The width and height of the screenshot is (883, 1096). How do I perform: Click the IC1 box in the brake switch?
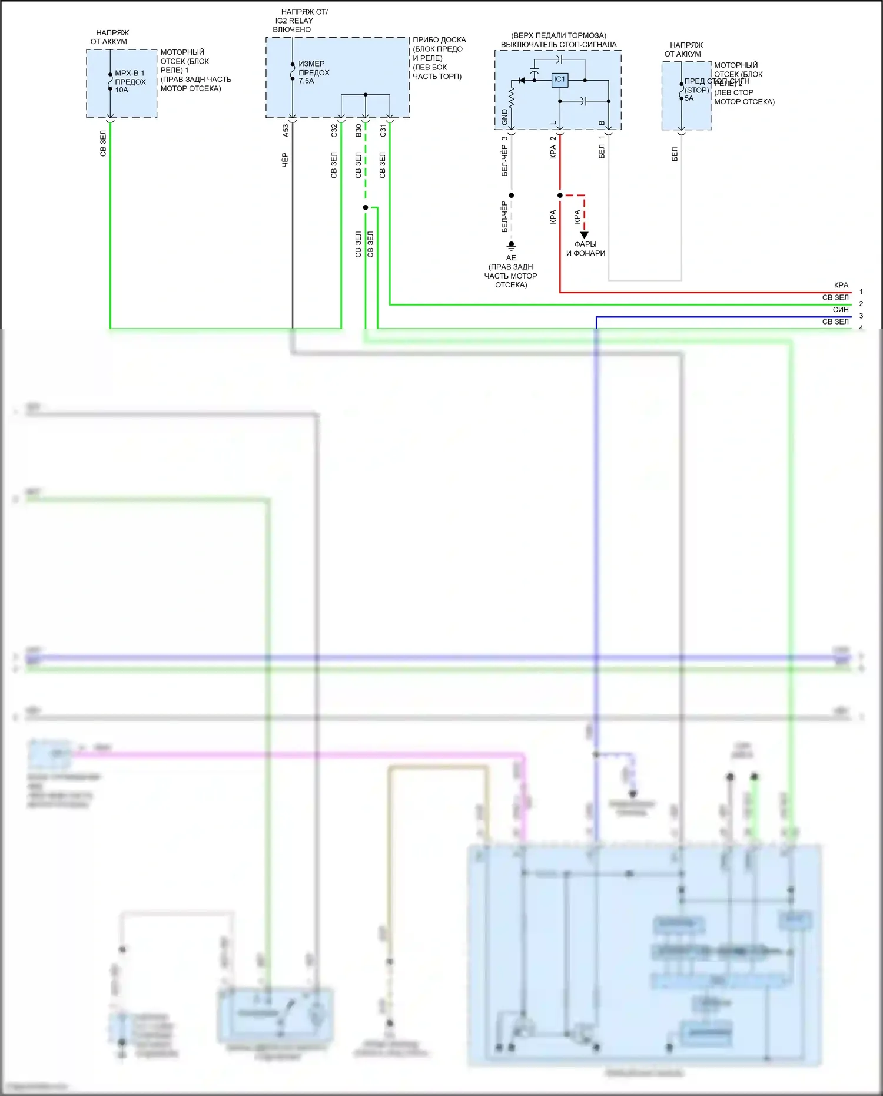click(x=559, y=80)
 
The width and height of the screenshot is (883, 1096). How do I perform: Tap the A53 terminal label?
click(x=286, y=131)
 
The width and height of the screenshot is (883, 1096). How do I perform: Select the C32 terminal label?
click(x=334, y=131)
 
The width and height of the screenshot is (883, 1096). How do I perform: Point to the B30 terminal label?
click(x=358, y=131)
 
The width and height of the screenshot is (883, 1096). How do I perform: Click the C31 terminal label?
click(x=383, y=131)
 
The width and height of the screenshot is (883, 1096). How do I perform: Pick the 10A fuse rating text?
click(x=121, y=90)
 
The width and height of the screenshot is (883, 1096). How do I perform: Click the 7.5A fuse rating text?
click(x=306, y=81)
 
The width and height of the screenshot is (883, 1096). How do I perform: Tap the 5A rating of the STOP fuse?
click(x=689, y=98)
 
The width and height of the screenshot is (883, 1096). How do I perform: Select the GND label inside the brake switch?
click(x=504, y=117)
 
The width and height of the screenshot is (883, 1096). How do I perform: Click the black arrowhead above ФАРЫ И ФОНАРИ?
click(x=585, y=235)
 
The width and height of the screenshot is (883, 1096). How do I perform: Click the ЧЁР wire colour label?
click(x=285, y=160)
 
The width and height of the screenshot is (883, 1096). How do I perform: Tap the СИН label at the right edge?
click(x=841, y=310)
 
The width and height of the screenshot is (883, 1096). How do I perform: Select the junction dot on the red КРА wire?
click(x=560, y=196)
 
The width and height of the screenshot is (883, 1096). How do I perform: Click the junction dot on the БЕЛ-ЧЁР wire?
click(x=512, y=196)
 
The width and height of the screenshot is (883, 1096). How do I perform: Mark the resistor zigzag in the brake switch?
click(x=512, y=97)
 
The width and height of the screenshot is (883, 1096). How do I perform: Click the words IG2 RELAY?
click(x=294, y=21)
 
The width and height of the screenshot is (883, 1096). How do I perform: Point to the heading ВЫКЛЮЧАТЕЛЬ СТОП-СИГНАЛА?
click(x=559, y=45)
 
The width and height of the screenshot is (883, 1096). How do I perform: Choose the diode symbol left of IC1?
click(x=521, y=80)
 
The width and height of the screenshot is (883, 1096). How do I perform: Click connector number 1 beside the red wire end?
click(x=861, y=292)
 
